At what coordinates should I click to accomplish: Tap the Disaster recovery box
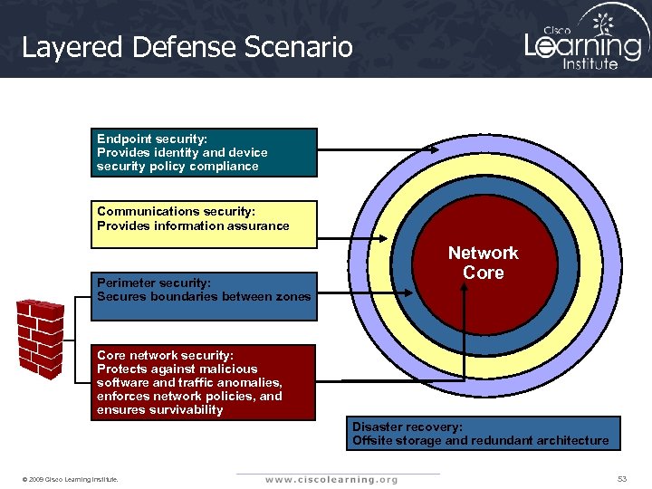tap(484, 433)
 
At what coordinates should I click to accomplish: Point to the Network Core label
tap(483, 263)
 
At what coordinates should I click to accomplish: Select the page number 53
tap(621, 477)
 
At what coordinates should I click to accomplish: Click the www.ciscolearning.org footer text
tap(331, 479)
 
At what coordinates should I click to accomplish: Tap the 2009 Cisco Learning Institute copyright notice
tap(72, 478)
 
